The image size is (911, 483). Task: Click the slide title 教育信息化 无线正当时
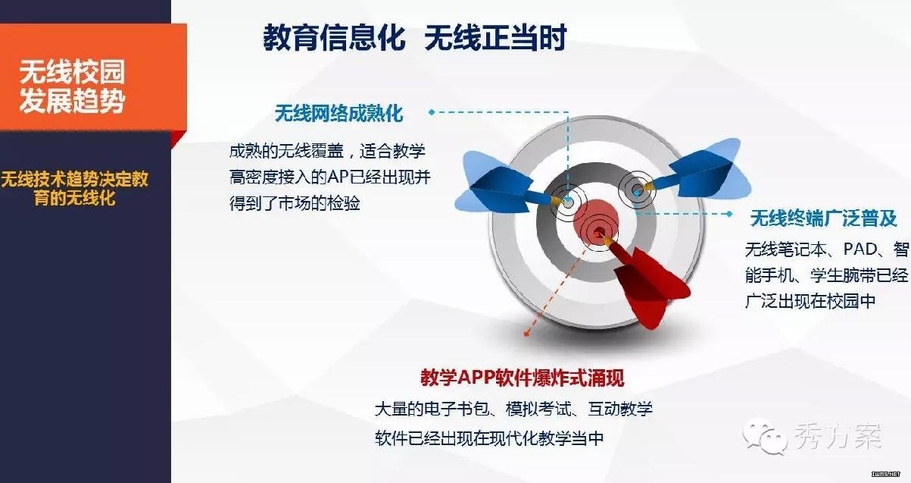coord(414,37)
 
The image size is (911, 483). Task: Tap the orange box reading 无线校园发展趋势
coord(93,77)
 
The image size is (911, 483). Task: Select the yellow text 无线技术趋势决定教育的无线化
coord(75,189)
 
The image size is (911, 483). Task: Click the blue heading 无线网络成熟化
coord(339,113)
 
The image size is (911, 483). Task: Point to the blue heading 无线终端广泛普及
coord(824,218)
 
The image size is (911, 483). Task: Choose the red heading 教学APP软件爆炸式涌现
coord(523,378)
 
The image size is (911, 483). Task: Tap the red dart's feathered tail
coord(650,285)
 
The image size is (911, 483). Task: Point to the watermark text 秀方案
coord(837,436)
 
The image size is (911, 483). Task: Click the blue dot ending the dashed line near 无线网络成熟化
coord(432,112)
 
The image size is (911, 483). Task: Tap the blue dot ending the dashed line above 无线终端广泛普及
coord(729,213)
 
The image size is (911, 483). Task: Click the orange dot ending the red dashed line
coord(526,334)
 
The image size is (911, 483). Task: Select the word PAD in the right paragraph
coord(860,249)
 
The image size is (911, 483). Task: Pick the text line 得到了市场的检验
coord(295,203)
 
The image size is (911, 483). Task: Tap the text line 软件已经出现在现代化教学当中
coord(489,438)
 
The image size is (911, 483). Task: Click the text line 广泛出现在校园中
coord(810,301)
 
